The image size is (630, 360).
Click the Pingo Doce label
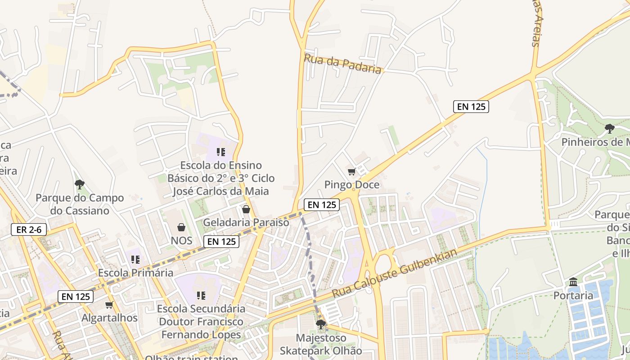(352, 185)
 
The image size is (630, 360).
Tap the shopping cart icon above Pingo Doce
(352, 171)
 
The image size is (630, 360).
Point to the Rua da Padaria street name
(343, 63)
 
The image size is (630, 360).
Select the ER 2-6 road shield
(29, 229)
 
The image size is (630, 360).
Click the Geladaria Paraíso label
(246, 222)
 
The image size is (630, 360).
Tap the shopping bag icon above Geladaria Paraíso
(246, 209)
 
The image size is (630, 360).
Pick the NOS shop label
(181, 240)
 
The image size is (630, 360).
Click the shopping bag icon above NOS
(181, 227)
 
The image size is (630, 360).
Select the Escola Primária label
(135, 273)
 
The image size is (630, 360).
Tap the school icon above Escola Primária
(135, 260)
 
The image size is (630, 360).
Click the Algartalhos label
(109, 318)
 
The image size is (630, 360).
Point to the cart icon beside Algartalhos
(109, 305)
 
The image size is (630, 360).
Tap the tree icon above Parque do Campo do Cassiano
(80, 184)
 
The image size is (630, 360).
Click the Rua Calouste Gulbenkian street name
(395, 273)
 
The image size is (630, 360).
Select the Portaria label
(573, 296)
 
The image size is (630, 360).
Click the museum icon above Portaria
(573, 282)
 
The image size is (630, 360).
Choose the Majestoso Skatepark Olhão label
(321, 344)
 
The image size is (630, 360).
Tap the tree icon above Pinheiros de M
(610, 129)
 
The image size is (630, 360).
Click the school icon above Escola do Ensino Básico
(221, 152)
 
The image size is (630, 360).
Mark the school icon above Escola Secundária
(201, 296)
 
